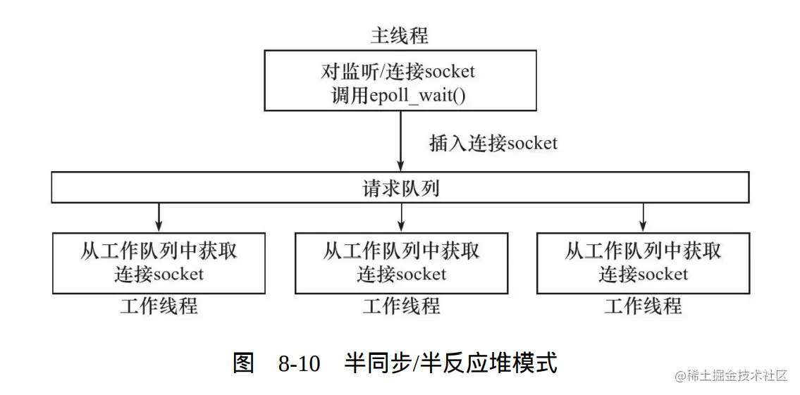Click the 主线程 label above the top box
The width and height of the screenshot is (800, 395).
click(399, 35)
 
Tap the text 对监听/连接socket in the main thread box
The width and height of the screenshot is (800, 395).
click(399, 71)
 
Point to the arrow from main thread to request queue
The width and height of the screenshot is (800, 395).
click(400, 141)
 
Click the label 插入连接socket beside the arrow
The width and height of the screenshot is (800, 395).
click(493, 144)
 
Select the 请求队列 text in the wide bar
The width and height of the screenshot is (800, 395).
click(401, 189)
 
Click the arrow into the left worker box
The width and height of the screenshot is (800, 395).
click(159, 218)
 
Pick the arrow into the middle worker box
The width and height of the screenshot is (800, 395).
click(401, 218)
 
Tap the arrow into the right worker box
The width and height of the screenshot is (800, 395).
click(643, 218)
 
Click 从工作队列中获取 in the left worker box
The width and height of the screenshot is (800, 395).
click(159, 251)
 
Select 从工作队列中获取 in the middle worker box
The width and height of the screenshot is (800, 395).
click(401, 251)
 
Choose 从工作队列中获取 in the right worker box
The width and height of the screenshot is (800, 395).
click(643, 251)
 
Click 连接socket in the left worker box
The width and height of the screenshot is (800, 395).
click(159, 274)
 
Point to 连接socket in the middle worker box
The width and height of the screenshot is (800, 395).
click(401, 274)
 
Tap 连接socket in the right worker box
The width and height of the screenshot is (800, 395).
click(643, 274)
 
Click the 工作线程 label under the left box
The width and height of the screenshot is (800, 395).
click(159, 306)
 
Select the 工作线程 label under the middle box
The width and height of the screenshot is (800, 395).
click(401, 306)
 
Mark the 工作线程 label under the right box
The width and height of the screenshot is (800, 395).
click(643, 306)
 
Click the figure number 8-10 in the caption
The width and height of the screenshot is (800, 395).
click(299, 364)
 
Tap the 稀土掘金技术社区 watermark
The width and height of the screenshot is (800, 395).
click(730, 376)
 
